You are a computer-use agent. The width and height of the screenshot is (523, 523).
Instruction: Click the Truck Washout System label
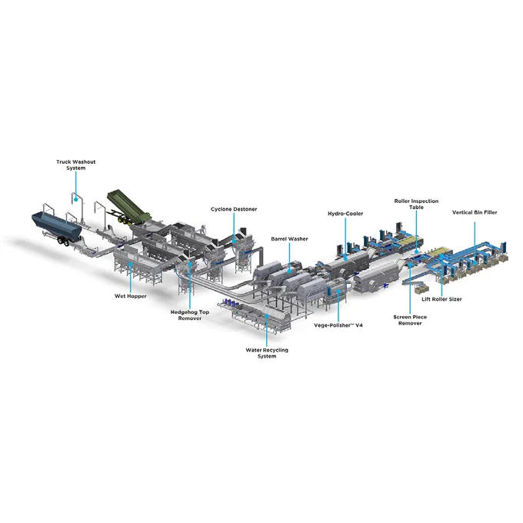[75, 165]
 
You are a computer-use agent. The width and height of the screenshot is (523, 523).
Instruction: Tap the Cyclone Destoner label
[234, 209]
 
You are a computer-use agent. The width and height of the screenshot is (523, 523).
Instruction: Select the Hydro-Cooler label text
[345, 214]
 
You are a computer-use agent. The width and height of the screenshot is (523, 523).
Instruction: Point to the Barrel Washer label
[289, 239]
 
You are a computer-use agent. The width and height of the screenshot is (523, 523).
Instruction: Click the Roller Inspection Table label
[416, 204]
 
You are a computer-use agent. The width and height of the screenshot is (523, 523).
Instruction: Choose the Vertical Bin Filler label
[475, 212]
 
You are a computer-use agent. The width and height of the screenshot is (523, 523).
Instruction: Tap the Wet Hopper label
[131, 296]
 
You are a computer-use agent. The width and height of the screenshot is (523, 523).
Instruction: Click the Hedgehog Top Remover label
[190, 315]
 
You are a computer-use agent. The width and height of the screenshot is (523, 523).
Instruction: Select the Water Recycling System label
[267, 353]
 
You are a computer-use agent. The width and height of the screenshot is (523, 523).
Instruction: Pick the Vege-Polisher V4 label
[338, 325]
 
